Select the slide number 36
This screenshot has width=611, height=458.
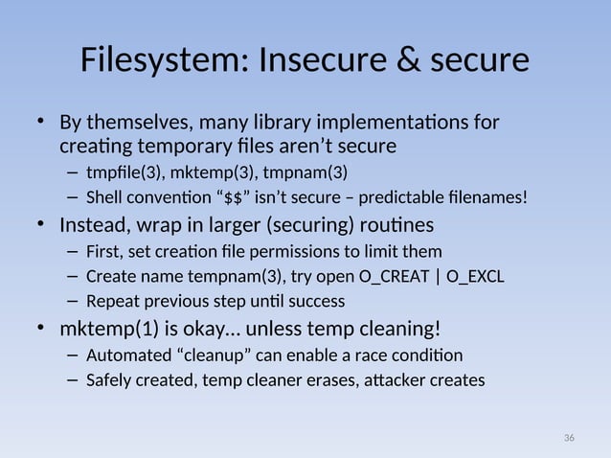click(569, 438)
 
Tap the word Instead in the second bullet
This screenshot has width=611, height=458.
click(93, 226)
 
